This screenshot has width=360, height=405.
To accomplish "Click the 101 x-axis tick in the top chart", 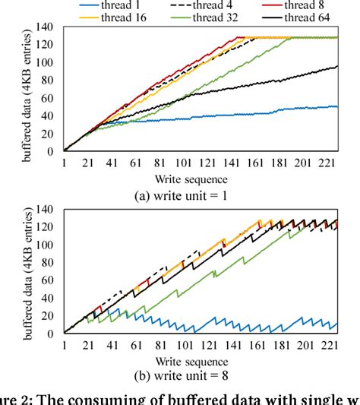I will [183, 163].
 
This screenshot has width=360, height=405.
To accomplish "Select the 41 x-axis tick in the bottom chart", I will [112, 345].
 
